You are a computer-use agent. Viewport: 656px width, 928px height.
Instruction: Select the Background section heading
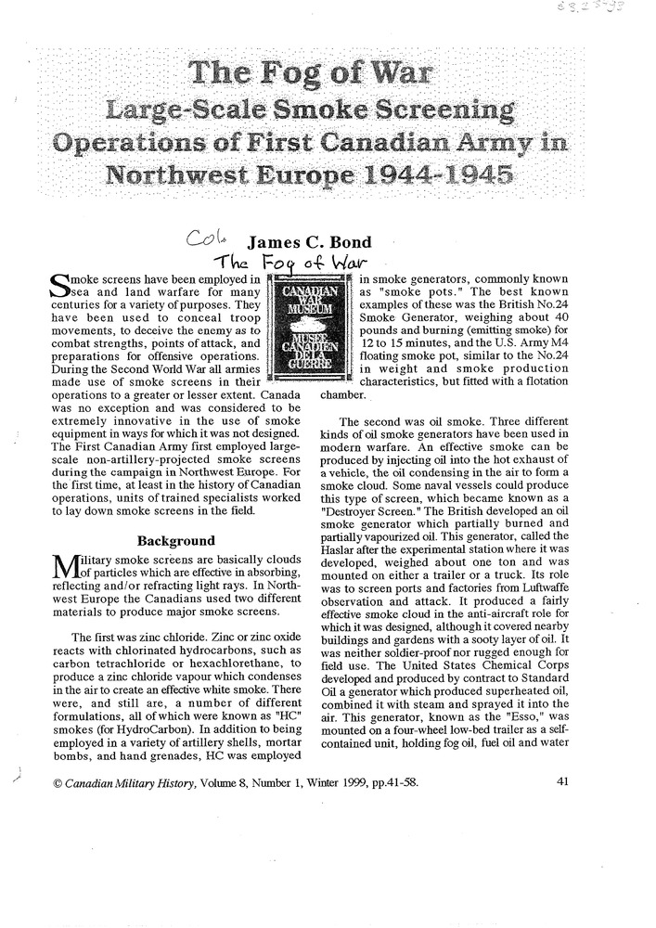click(176, 540)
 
